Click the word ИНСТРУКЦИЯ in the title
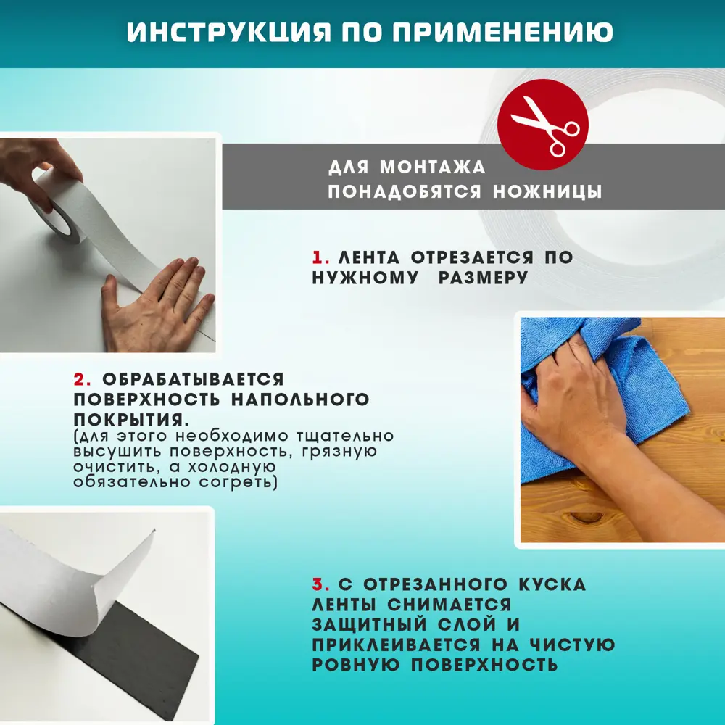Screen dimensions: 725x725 point(229,32)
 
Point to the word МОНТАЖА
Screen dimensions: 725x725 point(432,167)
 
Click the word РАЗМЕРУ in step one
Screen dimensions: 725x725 point(483,278)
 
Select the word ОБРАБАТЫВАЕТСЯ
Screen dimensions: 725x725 point(194,380)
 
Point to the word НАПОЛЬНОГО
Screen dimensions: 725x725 point(300,399)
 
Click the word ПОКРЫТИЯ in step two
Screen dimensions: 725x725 point(128,420)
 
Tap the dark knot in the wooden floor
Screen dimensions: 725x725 point(587,517)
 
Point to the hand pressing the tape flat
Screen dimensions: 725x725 point(155,305)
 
